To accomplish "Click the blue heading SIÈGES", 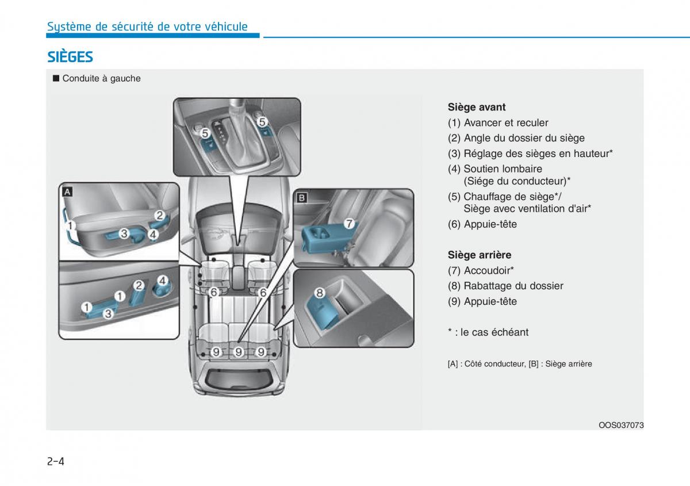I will coord(70,57).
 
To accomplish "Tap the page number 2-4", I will coord(55,461).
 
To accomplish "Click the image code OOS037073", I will coord(621,425).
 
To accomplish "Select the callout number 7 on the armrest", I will coord(348,223).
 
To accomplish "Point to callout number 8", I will coord(320,293).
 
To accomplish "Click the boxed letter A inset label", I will coord(67,192).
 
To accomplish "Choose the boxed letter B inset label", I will coord(302,198).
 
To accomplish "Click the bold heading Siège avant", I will coord(477,107).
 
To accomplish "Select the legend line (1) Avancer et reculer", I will coord(498,123).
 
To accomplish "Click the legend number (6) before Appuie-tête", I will coord(454,224).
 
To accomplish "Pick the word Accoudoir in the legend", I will coord(486,270).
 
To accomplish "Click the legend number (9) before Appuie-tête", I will coord(454,301).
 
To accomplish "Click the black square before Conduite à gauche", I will coord(56,78).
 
